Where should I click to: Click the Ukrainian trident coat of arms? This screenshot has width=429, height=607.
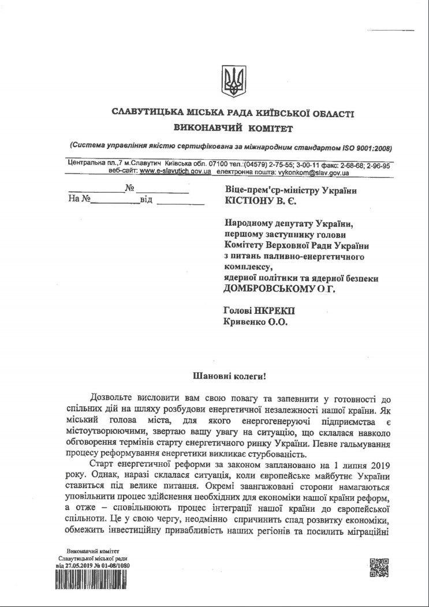pos(233,80)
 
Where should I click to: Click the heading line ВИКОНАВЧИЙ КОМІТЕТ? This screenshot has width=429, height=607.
pos(233,126)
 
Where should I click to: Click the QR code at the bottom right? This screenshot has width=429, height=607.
pos(380,568)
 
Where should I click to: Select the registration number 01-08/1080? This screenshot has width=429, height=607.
pos(118,567)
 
